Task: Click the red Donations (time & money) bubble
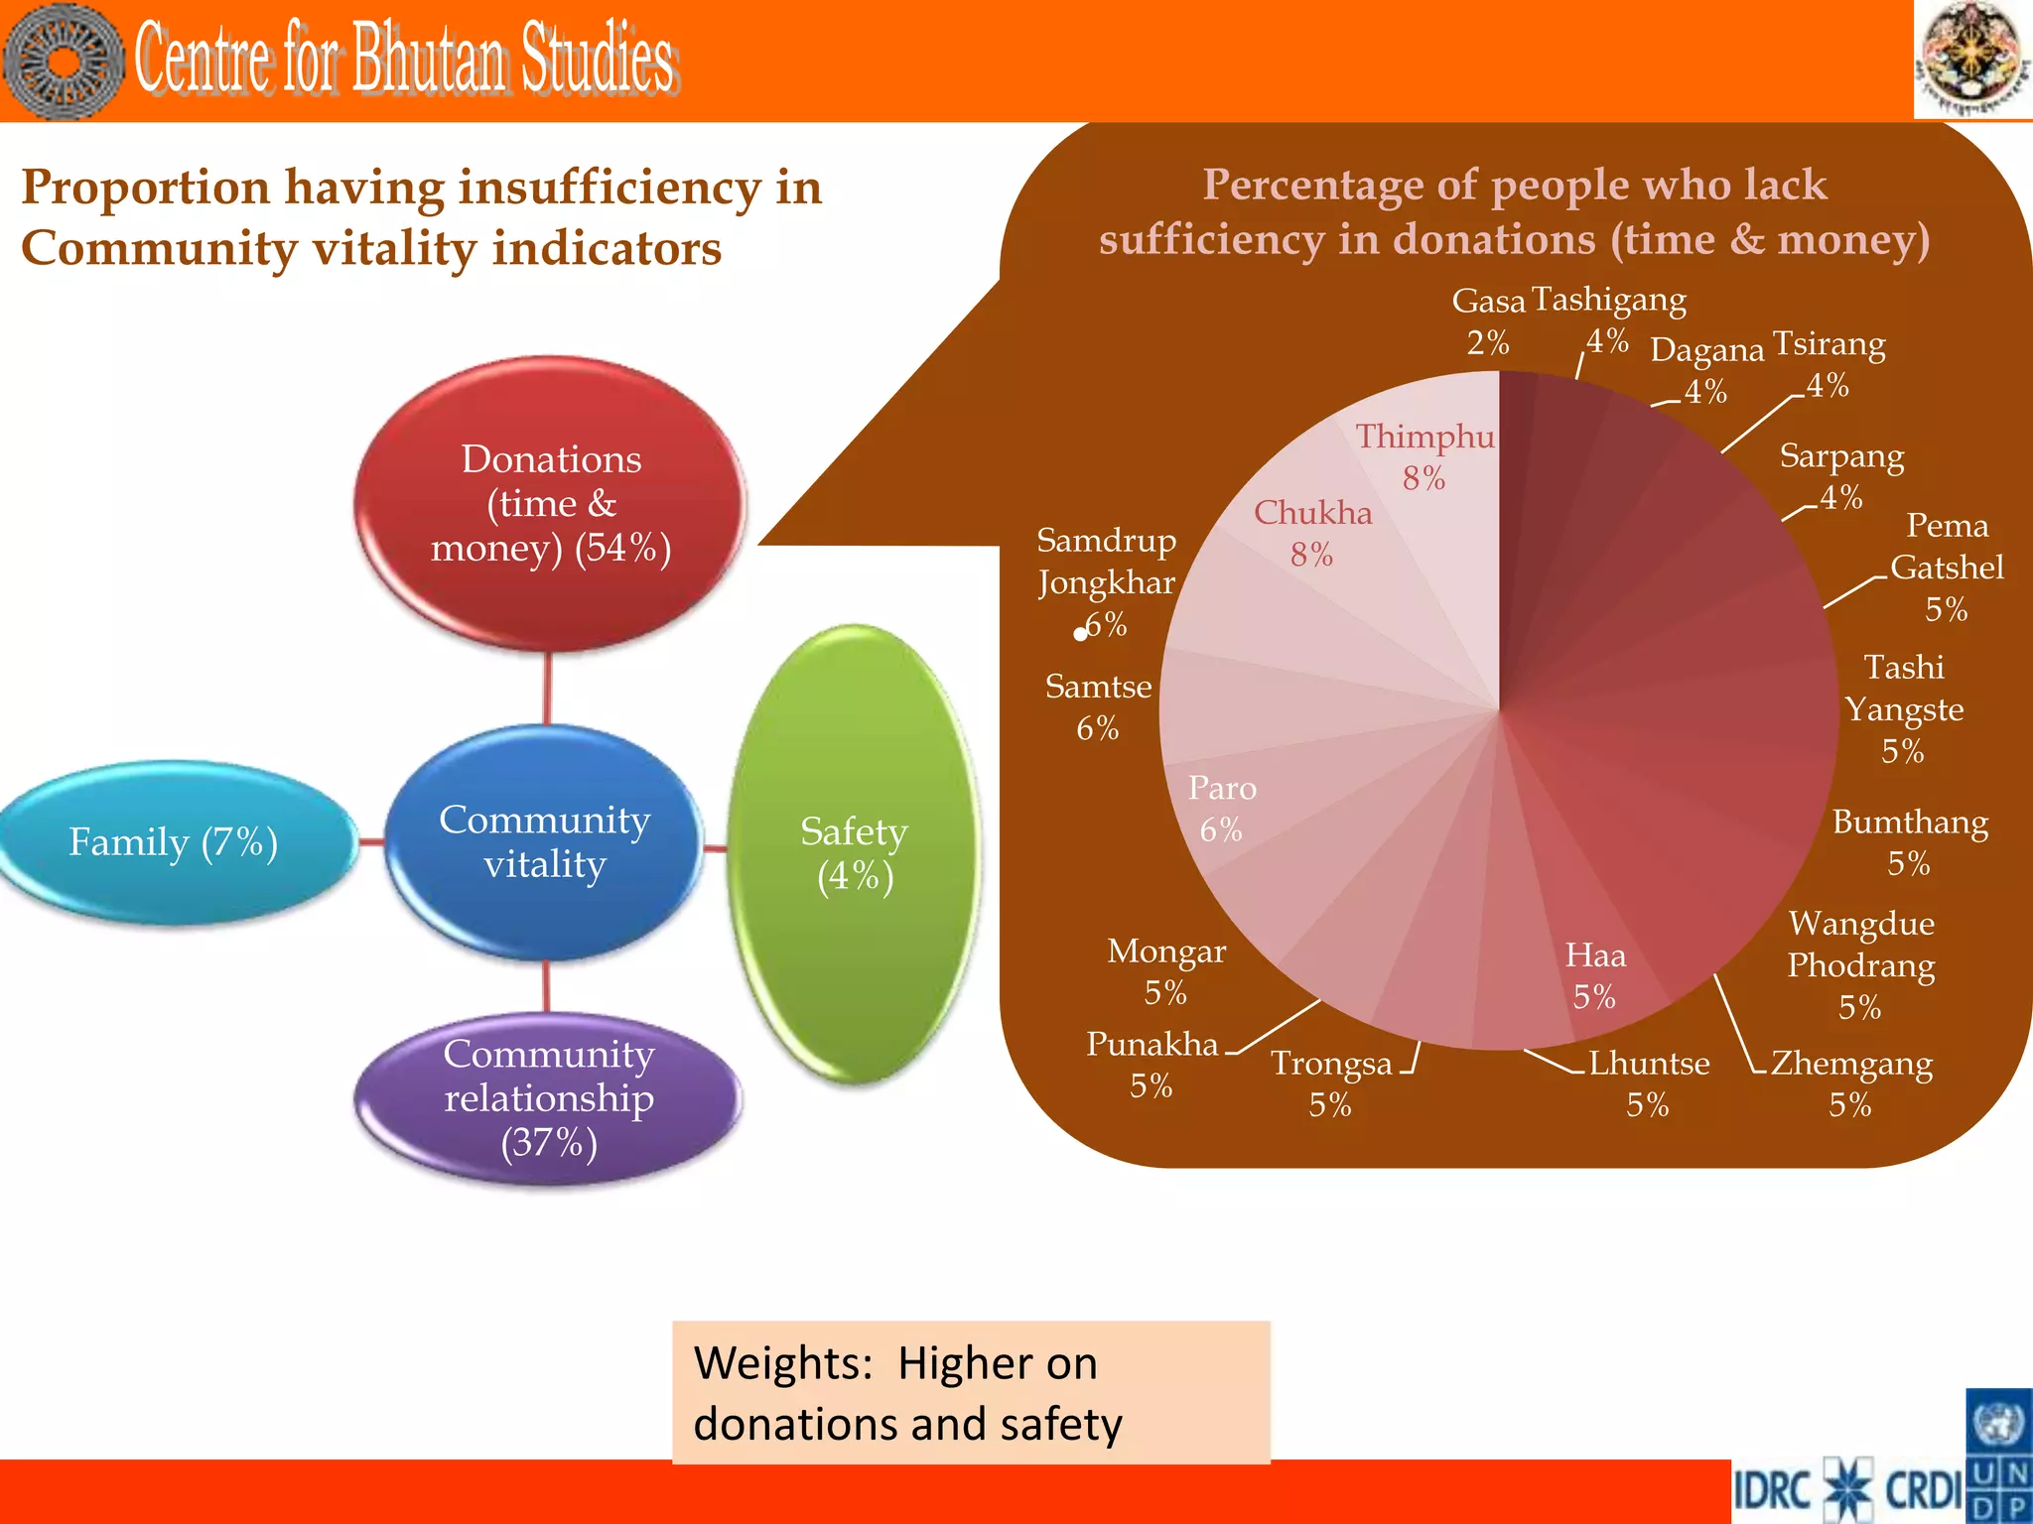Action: pos(550,504)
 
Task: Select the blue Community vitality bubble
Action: pos(544,841)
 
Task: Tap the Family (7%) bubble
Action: pos(174,842)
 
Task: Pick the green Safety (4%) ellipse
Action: pos(854,853)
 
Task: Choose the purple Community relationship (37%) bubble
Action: pos(549,1097)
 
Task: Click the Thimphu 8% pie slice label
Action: pos(1424,456)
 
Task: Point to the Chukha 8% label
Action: pos(1312,533)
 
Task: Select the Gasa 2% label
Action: pos(1488,320)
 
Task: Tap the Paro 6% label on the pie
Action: pos(1222,809)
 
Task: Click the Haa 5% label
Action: pos(1595,975)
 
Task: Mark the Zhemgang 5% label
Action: pos(1850,1083)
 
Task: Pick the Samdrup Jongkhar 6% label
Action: pos(1106,581)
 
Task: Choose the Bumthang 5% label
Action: pos(1910,842)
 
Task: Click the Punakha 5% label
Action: pos(1152,1064)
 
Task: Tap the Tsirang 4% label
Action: pos(1829,363)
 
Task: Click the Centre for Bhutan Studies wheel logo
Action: pos(64,62)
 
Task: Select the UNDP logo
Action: pos(1999,1456)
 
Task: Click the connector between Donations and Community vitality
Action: pos(547,689)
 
